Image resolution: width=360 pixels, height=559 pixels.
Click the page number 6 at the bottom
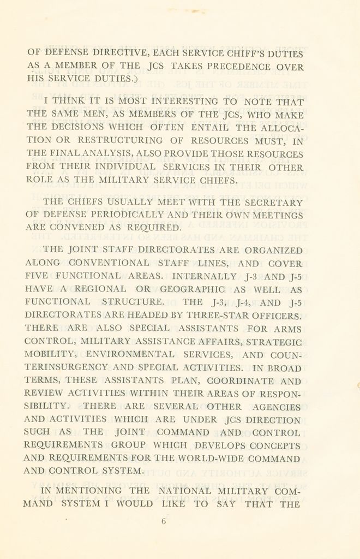(x=163, y=521)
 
